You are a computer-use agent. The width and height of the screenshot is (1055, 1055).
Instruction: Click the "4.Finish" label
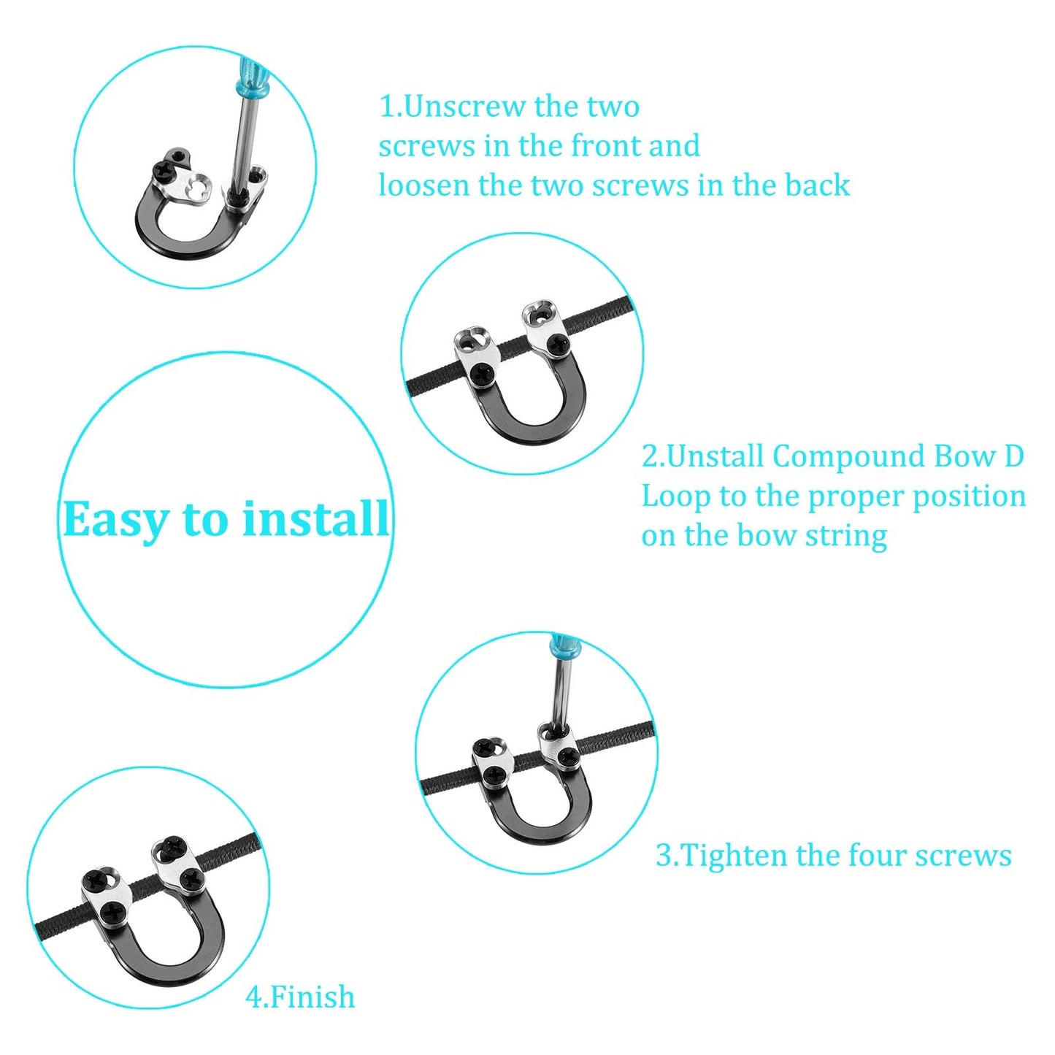point(300,997)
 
